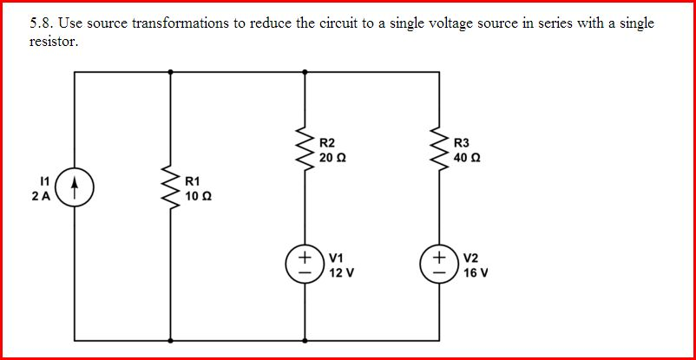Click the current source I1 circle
(x=76, y=188)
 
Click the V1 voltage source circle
(x=305, y=264)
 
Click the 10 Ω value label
(x=200, y=196)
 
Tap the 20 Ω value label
(x=334, y=158)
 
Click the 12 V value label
(x=341, y=272)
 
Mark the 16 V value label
(x=476, y=272)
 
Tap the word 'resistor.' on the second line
(x=54, y=41)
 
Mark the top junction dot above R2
(x=305, y=73)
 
